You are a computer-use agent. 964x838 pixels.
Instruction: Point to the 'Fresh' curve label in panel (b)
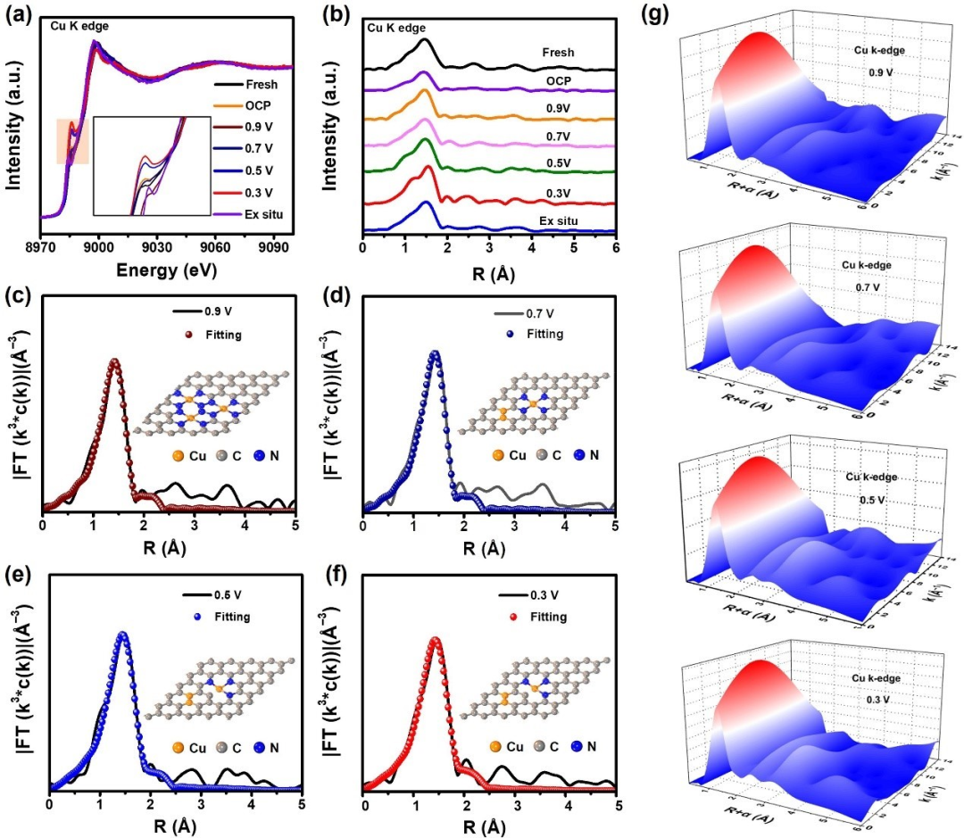(x=558, y=53)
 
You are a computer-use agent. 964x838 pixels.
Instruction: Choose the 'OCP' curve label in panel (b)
(x=557, y=80)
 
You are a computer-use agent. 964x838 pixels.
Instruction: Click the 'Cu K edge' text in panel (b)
(x=395, y=28)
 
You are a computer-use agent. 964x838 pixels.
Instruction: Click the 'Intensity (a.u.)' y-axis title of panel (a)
(x=15, y=123)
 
